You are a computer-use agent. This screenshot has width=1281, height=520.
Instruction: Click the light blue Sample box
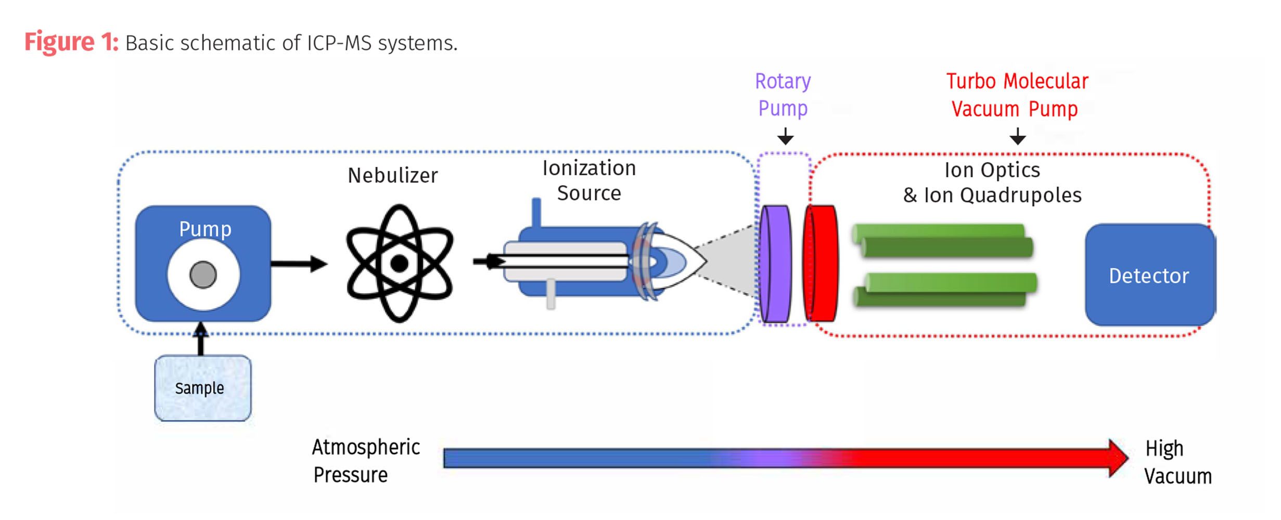[x=202, y=388]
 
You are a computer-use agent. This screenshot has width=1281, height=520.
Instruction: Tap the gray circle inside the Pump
[x=203, y=275]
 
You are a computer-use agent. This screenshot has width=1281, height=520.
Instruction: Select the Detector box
[x=1149, y=275]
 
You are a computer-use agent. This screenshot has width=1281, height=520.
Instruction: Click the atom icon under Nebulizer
[x=399, y=263]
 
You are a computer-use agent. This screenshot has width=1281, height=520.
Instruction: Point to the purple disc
[x=775, y=264]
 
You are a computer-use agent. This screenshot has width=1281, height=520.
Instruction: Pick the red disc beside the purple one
[x=821, y=264]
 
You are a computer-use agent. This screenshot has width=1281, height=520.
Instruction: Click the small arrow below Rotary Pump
[x=785, y=137]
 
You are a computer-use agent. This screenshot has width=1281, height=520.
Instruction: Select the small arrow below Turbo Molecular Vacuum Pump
[x=1017, y=137]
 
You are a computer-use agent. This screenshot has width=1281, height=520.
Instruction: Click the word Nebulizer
[x=393, y=176]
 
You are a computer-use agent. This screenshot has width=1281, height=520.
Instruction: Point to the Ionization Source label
[x=589, y=180]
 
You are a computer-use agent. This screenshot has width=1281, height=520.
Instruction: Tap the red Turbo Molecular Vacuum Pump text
[x=1017, y=95]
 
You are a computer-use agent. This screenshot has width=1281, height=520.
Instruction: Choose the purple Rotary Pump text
[x=783, y=95]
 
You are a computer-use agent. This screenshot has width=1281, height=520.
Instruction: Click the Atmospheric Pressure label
[x=366, y=461]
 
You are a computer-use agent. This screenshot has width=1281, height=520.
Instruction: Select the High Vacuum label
[x=1177, y=462]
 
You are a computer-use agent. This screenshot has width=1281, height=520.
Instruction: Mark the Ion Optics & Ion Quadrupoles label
[x=992, y=183]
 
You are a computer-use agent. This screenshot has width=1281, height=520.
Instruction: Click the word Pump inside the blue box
[x=205, y=229]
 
